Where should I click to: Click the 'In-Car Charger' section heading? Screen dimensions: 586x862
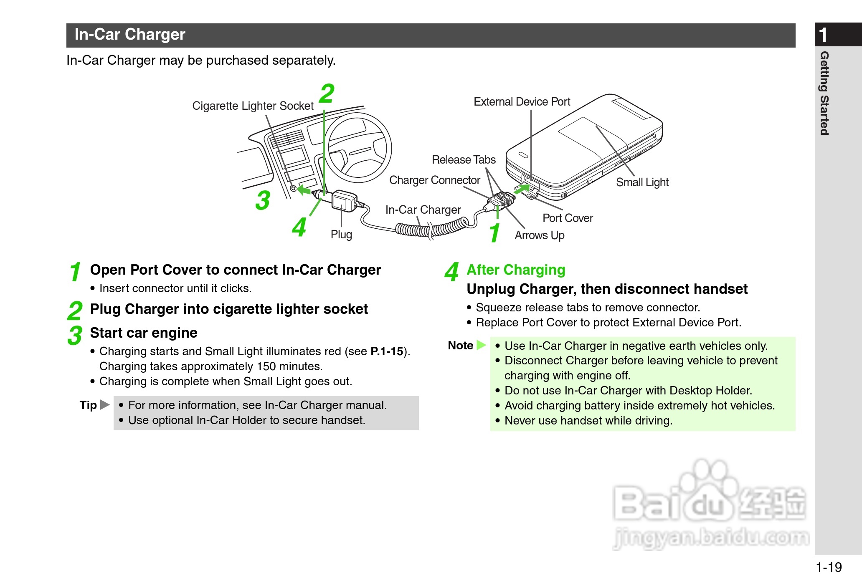tap(130, 35)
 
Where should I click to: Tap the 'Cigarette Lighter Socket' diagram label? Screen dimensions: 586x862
tap(253, 106)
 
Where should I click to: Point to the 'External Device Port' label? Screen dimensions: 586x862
tap(522, 102)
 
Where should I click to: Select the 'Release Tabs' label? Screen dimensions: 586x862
tap(464, 160)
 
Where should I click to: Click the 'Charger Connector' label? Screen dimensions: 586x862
tap(435, 180)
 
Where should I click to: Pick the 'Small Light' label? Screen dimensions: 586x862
tap(642, 182)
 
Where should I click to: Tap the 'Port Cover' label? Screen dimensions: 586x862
tap(568, 218)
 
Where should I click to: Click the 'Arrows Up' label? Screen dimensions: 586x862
tap(540, 235)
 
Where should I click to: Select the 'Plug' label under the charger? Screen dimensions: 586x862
tap(341, 235)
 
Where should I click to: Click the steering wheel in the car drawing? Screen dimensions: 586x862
tap(358, 147)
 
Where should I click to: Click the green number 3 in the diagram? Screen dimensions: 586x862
tap(263, 200)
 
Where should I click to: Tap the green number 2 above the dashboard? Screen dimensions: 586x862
tap(327, 94)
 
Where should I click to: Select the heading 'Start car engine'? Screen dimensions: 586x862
tap(144, 333)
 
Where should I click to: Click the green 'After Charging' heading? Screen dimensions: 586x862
tap(516, 270)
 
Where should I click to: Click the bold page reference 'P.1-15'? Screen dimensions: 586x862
tap(387, 351)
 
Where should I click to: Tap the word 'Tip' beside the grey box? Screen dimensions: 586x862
tap(88, 405)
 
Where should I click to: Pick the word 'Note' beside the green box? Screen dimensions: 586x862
tap(460, 346)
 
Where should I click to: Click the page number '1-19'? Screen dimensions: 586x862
tap(829, 567)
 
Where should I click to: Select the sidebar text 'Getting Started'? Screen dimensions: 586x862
tap(824, 93)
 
